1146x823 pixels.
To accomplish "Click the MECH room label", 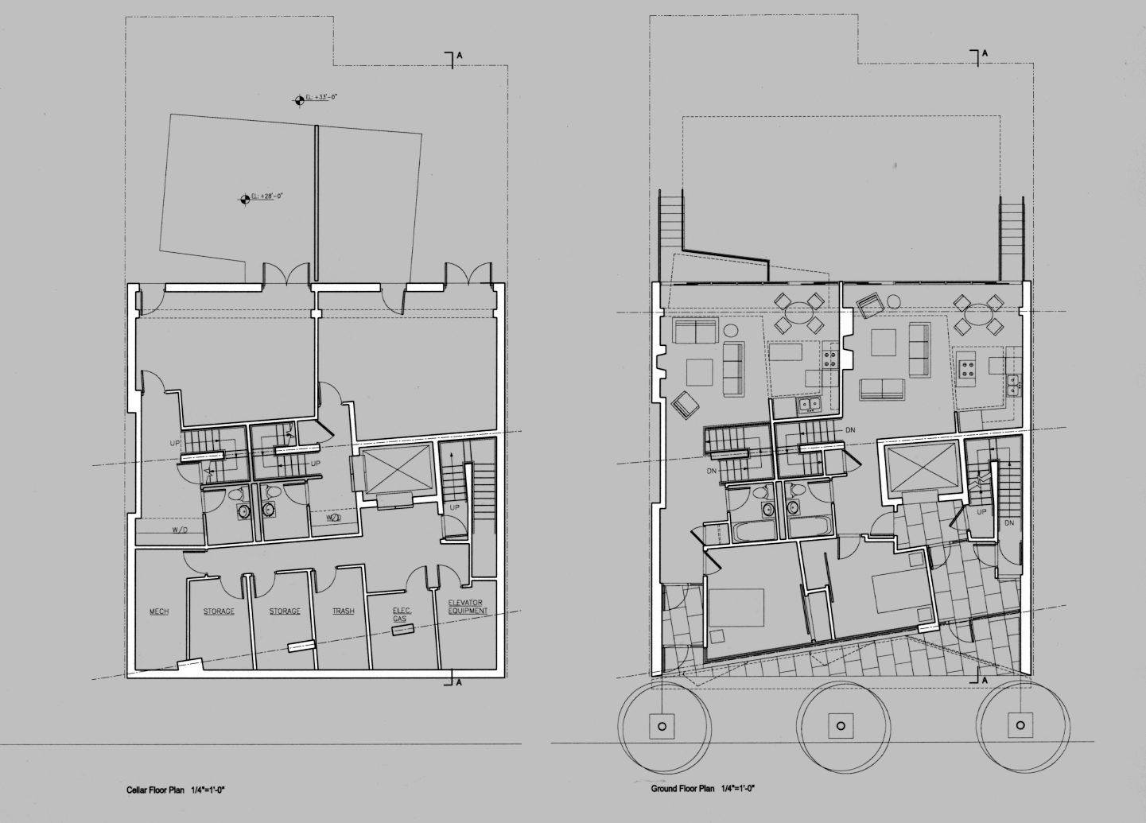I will (159, 611).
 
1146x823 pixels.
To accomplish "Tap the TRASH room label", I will (344, 611).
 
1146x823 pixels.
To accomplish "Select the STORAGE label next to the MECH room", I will (219, 611).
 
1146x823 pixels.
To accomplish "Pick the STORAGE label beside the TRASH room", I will (285, 611).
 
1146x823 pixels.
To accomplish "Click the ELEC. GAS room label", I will (401, 615).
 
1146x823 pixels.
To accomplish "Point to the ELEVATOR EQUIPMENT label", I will (467, 607).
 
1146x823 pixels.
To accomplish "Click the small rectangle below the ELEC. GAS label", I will (403, 630).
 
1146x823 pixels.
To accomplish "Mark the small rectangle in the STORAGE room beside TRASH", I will (299, 646).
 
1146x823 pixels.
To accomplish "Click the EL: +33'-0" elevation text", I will (322, 98).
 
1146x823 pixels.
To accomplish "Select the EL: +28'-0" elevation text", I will (267, 196).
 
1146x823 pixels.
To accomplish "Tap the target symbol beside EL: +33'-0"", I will (300, 99).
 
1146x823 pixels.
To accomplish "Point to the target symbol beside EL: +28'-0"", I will (245, 199).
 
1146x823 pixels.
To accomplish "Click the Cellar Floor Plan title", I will (156, 790).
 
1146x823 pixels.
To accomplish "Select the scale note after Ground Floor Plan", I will (737, 789).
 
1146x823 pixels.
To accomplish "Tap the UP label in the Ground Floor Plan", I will (981, 512).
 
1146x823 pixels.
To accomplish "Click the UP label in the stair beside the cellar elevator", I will (455, 507).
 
